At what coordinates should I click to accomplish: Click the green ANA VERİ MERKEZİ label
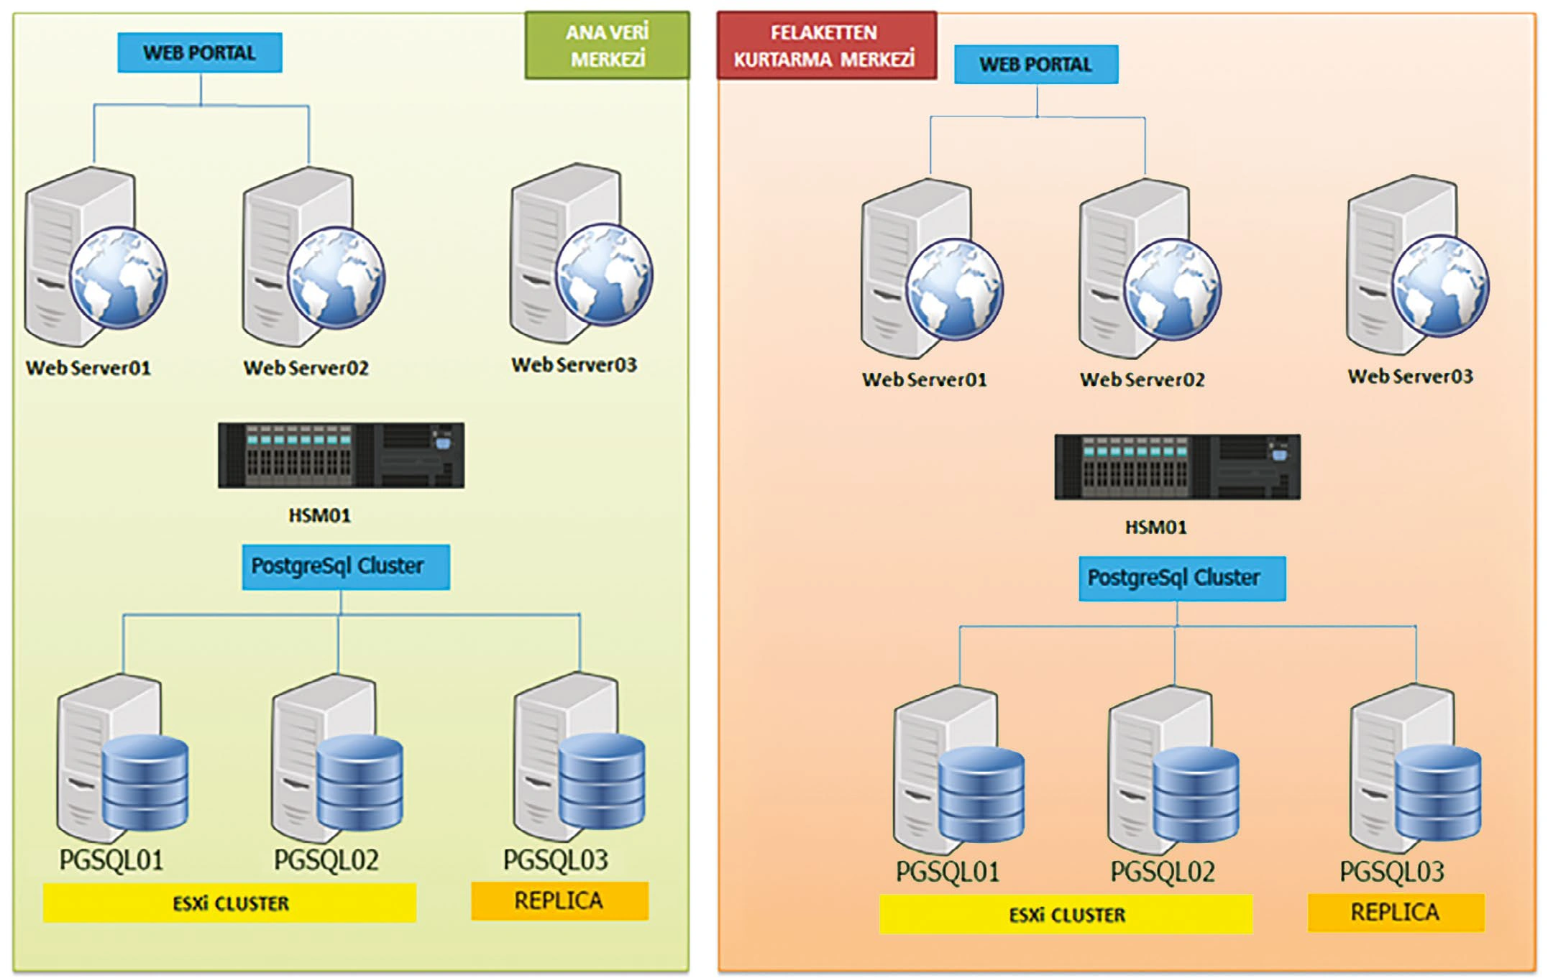click(607, 45)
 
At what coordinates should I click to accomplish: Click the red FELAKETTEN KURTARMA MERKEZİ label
click(827, 45)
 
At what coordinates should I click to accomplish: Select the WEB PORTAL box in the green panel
click(200, 52)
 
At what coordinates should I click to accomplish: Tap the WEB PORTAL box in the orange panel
click(1036, 64)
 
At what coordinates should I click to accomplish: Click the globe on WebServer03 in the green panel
click(605, 273)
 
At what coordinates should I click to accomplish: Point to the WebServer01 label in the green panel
click(88, 368)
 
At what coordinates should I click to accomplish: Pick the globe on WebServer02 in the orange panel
click(1173, 288)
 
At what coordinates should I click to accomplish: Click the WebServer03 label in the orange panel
click(1411, 376)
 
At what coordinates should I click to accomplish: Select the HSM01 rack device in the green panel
click(342, 456)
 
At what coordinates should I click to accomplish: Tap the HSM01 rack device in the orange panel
click(1178, 467)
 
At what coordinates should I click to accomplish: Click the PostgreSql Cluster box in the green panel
click(346, 567)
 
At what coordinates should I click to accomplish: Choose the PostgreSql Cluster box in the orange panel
click(1182, 578)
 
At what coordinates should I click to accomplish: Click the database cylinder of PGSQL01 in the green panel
click(145, 783)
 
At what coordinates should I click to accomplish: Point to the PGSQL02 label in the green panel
click(326, 860)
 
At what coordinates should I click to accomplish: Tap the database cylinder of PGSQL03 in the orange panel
click(1438, 793)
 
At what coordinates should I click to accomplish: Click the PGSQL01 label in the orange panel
click(948, 872)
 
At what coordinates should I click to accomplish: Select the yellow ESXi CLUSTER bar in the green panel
click(229, 903)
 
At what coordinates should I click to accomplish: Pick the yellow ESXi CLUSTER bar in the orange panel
click(1066, 914)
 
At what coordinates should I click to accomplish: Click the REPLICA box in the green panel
click(559, 900)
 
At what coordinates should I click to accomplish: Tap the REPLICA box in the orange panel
click(1396, 913)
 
